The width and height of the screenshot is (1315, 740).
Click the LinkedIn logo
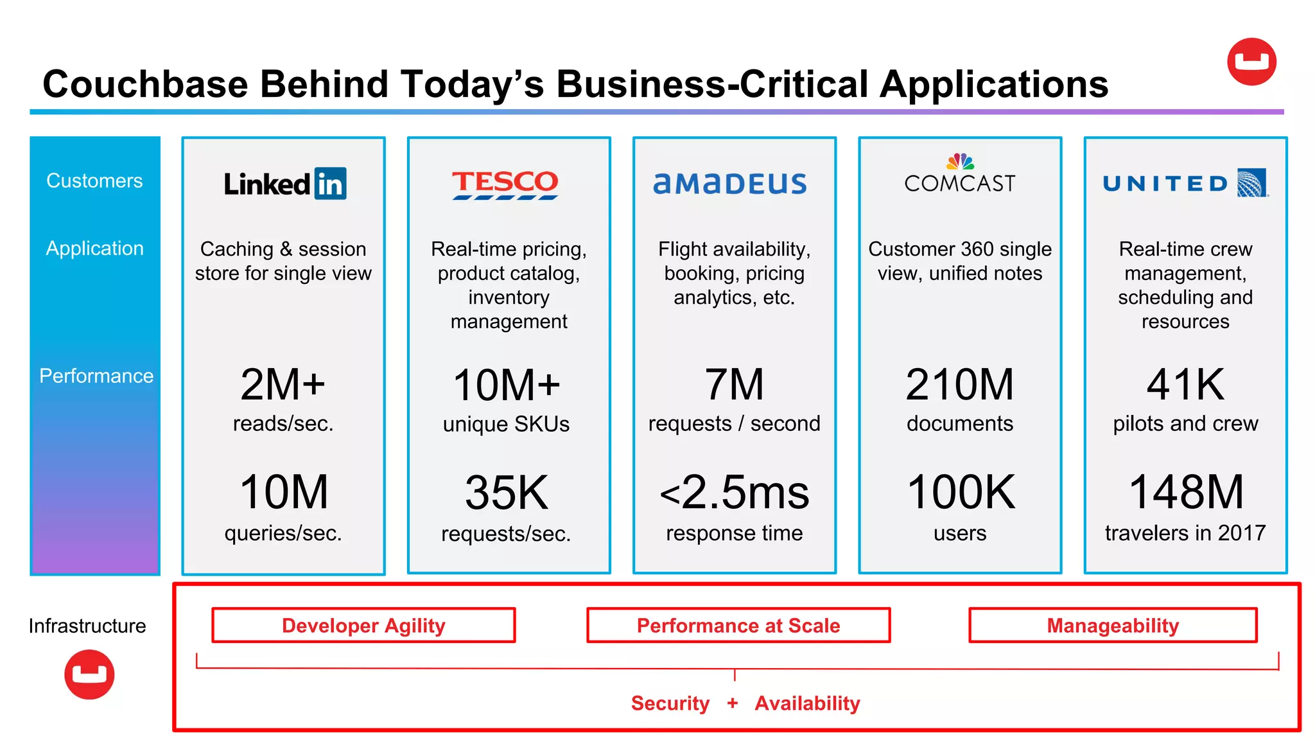[284, 184]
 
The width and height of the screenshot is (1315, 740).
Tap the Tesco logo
[505, 184]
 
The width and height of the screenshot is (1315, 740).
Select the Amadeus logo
[730, 184]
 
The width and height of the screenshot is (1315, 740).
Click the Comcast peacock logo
[960, 161]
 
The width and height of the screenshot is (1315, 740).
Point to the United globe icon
[1252, 183]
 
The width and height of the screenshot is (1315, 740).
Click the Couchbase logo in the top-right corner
[1251, 62]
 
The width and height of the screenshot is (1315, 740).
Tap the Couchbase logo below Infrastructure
[89, 674]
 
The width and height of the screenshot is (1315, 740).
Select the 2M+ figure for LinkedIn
[283, 385]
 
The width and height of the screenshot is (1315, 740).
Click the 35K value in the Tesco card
[507, 493]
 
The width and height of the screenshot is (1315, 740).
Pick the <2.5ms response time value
[735, 493]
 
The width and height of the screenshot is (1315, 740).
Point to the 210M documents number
[960, 385]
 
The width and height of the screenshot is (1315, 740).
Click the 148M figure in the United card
[1186, 492]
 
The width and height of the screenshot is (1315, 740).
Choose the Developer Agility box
[363, 625]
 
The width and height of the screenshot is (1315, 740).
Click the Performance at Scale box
[738, 625]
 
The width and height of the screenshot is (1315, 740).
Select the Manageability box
[1113, 625]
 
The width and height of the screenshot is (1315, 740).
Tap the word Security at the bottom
[670, 703]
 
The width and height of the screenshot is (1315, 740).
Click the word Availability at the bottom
[807, 703]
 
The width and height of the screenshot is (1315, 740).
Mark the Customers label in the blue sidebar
[94, 181]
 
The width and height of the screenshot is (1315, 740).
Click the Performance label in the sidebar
[96, 376]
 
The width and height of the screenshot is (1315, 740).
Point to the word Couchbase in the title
[145, 84]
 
